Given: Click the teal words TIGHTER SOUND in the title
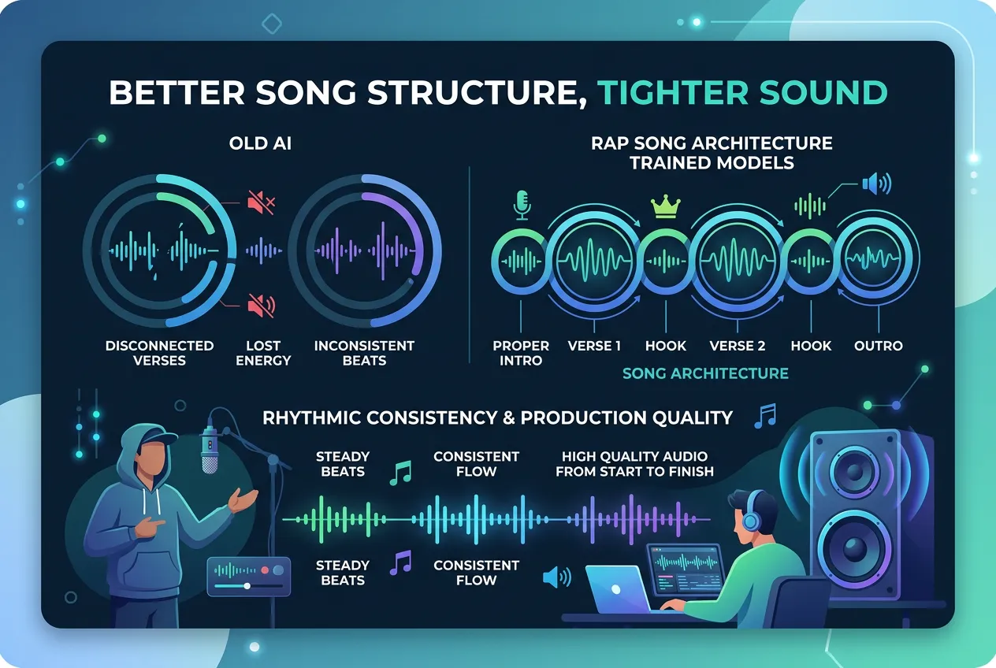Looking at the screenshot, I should (742, 93).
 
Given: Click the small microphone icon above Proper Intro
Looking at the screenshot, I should (522, 204).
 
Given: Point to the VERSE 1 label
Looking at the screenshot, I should (594, 346).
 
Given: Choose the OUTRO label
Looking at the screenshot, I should (878, 346).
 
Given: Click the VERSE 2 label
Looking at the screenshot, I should (737, 346).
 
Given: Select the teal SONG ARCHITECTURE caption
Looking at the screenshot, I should (705, 373).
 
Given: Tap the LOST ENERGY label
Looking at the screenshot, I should (263, 353).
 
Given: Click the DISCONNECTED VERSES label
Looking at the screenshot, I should (160, 353).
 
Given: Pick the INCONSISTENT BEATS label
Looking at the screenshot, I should (364, 353).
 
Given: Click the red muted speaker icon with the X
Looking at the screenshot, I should (260, 203).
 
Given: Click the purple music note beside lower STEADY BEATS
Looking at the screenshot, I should (401, 562).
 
